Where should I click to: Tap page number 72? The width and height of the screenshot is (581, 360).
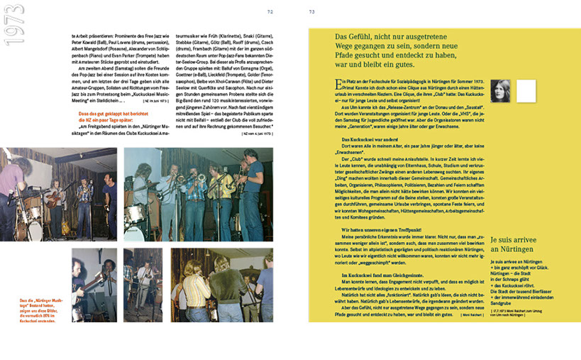[270, 11]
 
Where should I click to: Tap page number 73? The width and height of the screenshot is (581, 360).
[312, 11]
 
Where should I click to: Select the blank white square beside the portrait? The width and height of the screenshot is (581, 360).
[526, 90]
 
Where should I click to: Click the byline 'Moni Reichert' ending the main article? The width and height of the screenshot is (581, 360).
[466, 315]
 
